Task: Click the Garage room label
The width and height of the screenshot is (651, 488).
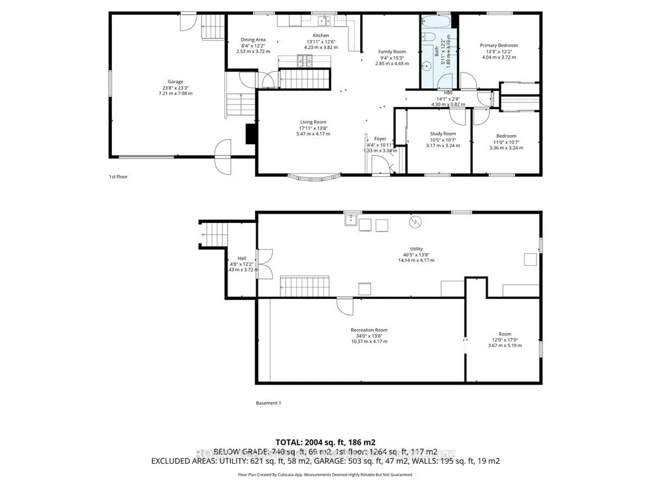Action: click(175, 82)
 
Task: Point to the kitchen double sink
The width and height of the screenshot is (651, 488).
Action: click(324, 21)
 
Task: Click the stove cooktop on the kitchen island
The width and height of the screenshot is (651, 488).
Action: click(305, 61)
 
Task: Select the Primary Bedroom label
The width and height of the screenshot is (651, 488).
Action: click(499, 45)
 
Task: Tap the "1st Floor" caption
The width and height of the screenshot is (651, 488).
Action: click(118, 177)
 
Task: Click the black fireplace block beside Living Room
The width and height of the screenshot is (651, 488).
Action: click(250, 134)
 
